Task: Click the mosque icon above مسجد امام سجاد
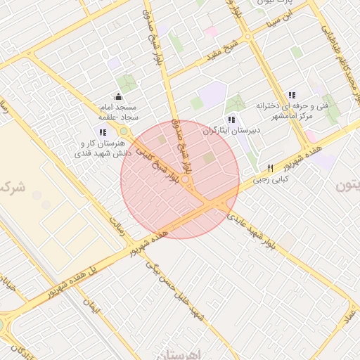tap(117, 97)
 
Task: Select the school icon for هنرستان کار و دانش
tap(103, 132)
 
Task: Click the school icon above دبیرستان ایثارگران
tap(231, 120)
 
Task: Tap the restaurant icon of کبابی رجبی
tap(270, 169)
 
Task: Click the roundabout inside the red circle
tap(186, 181)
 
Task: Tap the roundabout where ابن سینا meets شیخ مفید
tap(248, 36)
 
